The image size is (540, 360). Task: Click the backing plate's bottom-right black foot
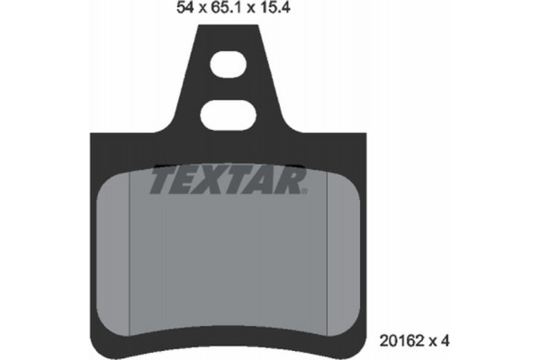(351, 340)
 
